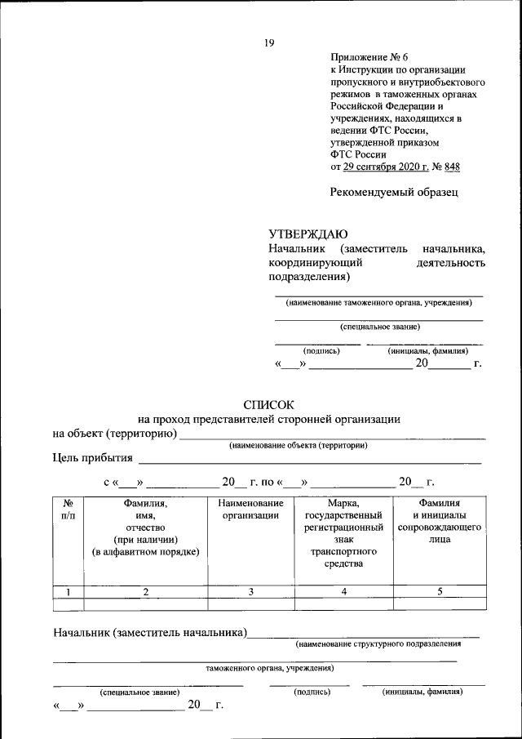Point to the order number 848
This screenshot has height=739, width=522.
coord(451,167)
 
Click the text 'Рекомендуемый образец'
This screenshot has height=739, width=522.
coord(394,193)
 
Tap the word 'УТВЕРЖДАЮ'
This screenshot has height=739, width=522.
coord(308,233)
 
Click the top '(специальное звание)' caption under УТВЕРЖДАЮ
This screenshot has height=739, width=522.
coord(380,327)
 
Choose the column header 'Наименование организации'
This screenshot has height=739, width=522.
coord(250,510)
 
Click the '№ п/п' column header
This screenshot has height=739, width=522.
coord(69,510)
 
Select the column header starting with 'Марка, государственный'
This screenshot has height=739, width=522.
coord(343,533)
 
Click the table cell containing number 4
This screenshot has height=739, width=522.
coord(343,591)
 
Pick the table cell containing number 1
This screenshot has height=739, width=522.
coord(69,591)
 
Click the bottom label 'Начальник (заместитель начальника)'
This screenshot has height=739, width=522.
coord(149,632)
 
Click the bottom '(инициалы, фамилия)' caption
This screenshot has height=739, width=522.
coord(422,692)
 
